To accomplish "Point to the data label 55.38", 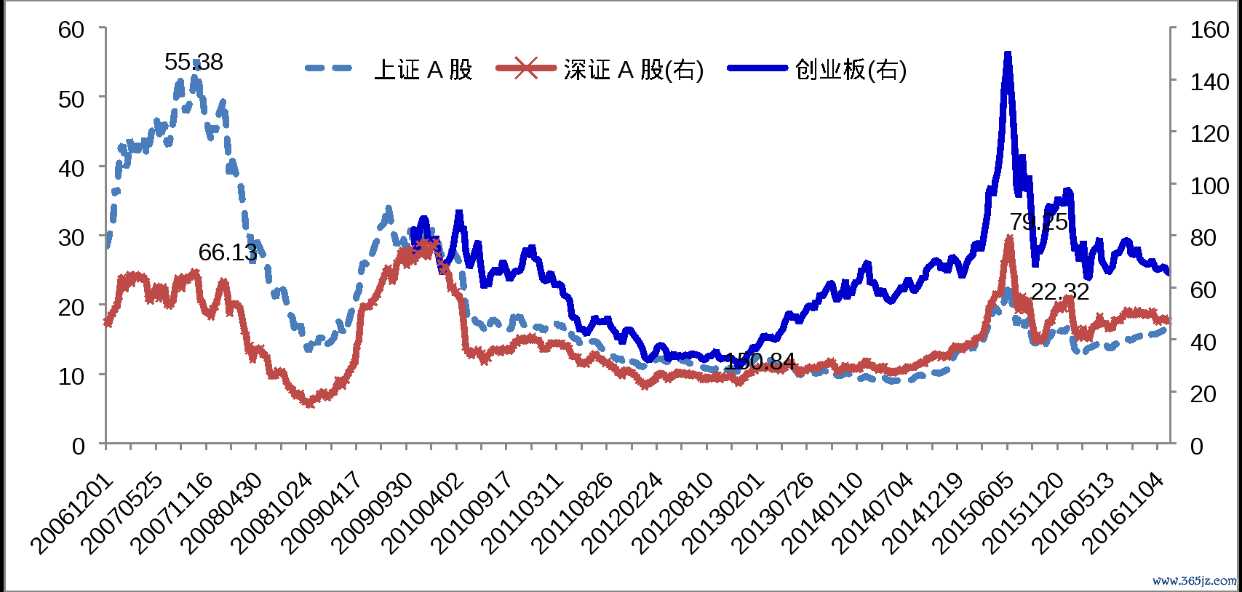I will coord(194,63).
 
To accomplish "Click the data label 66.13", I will coord(228,253).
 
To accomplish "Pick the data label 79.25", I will coord(1038,222).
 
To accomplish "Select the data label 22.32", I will coord(1060,292).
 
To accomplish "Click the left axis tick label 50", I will coord(71,99).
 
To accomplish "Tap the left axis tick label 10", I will coord(71,377).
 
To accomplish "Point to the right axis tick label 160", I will coord(1209,30).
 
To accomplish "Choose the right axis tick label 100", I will coord(1209,186).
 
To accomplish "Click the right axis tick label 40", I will coord(1201,342).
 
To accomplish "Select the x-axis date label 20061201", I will coord(73,513).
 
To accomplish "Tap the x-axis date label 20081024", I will coord(274,513).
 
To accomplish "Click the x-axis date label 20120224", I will coord(624,513).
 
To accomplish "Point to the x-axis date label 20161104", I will coord(1124,513).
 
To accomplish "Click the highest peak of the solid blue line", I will coord(1008,55).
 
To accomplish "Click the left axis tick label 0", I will coord(79,446).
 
